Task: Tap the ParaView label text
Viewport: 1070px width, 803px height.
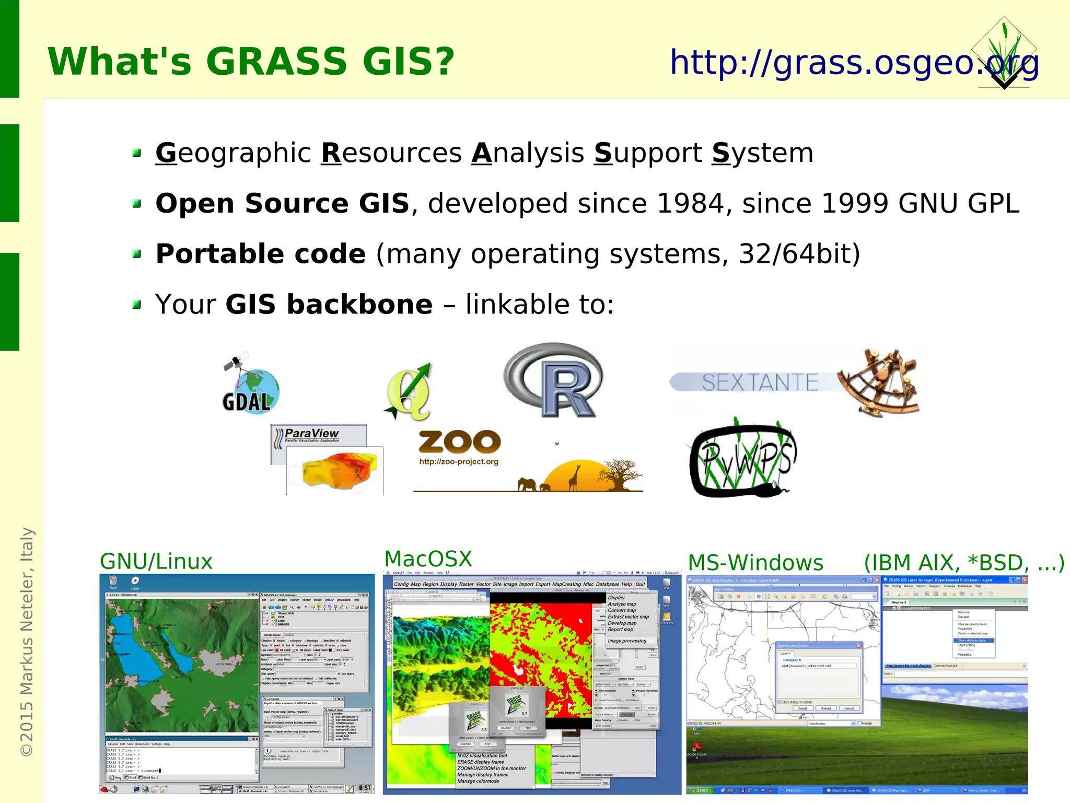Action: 312,434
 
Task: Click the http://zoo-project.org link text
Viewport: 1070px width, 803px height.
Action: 459,462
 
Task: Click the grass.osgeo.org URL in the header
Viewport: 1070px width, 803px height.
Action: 854,62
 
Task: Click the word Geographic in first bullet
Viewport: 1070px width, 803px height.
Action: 233,153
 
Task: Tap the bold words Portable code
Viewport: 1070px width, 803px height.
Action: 261,254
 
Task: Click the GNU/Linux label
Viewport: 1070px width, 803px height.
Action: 156,562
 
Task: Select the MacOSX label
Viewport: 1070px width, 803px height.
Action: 428,559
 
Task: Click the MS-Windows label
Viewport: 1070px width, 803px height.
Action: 755,563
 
